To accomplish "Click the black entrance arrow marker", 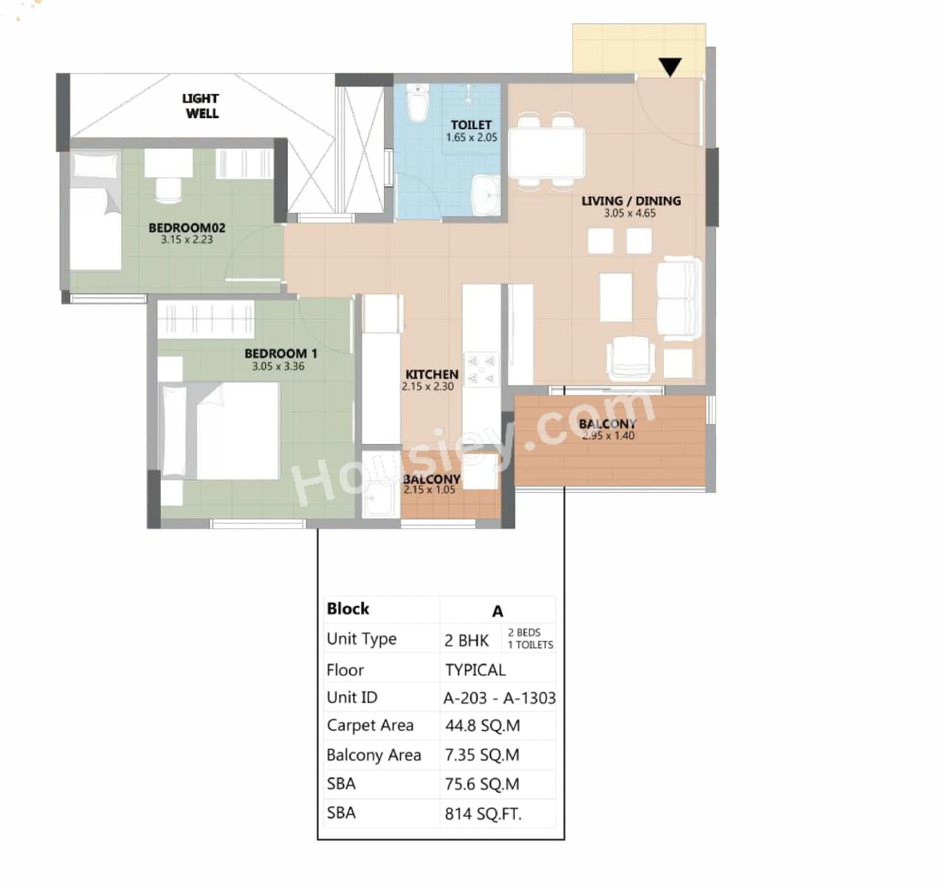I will pos(670,67).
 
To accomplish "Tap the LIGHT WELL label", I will pos(201,106).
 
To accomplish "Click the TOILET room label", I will pos(471,125).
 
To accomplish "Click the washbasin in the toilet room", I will pos(485,195).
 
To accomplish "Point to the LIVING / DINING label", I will pos(630,201).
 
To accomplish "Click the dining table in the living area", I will pos(546,152).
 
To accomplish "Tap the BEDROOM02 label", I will pos(187,228).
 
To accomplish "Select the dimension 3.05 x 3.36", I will pos(278,367).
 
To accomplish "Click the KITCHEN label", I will pos(431,375).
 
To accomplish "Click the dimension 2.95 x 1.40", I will pos(608,436).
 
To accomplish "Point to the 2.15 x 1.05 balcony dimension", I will pos(429,490).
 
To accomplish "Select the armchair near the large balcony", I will pos(630,358).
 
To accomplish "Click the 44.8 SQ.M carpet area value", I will pos(482,726).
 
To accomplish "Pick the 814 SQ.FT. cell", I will pos(483,814).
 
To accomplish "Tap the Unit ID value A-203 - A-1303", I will pos(499,698).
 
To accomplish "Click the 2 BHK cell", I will pos(467,640).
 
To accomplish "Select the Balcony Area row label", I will pos(374,755).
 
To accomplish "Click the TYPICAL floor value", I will pos(475,670).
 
